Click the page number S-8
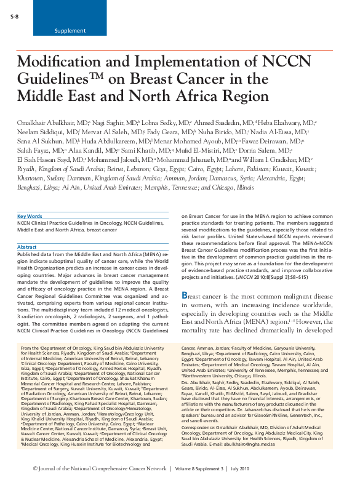click(15, 15)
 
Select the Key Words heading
click(30, 217)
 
